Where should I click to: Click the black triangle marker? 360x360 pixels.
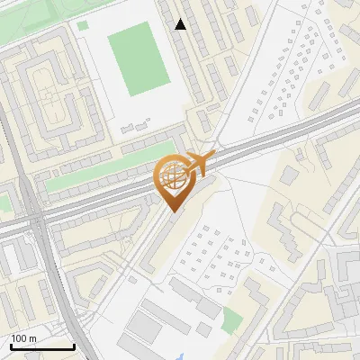pos(181,24)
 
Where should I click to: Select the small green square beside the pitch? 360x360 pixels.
pos(83,25)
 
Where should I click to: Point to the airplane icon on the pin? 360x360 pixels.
pos(201,162)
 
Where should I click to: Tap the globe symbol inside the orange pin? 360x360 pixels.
pos(171,175)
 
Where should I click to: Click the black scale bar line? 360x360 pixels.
pos(42,347)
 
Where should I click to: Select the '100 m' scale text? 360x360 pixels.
pos(24,338)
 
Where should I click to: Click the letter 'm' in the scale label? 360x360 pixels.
pos(32,338)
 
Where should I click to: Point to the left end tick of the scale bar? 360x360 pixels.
pos(12,346)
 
